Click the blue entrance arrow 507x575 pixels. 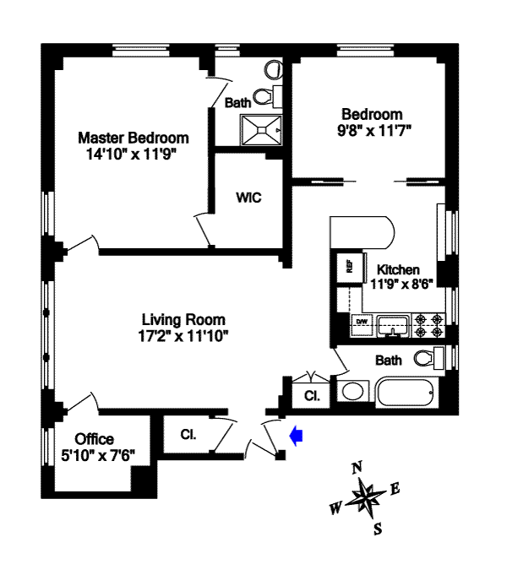coord(296,436)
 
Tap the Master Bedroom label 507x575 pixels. coord(134,138)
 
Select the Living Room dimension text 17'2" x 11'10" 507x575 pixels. coord(184,334)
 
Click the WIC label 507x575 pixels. coord(248,198)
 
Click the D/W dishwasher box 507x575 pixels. coord(361,322)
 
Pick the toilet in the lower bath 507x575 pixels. coord(429,358)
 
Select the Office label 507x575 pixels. coord(95,440)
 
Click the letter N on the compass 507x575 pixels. coord(357,467)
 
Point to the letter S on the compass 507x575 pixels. coord(379,529)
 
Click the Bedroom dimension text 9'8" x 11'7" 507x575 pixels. coord(372,130)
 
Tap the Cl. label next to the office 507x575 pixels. coord(188,436)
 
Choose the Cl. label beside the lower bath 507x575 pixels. coord(312,395)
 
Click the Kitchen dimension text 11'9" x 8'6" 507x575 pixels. coord(401,285)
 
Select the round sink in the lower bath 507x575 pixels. coord(352,392)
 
